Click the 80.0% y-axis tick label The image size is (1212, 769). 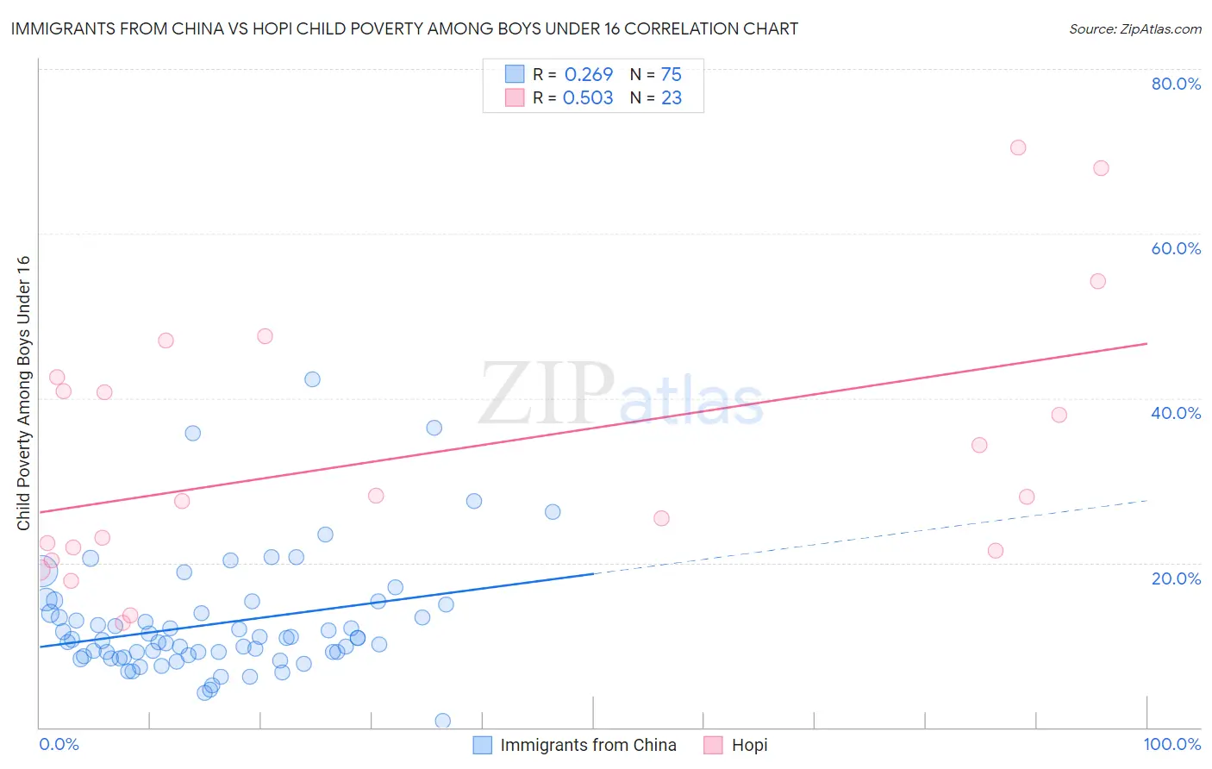(1176, 84)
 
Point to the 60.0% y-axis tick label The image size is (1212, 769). (1176, 248)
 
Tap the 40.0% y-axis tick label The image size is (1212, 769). (1176, 413)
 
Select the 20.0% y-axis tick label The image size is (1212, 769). (1176, 578)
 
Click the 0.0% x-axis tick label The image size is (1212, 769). (59, 744)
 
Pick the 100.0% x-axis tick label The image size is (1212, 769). (1171, 744)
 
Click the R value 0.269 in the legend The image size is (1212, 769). (588, 75)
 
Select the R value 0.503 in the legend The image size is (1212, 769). (588, 98)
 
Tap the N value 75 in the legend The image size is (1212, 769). (671, 75)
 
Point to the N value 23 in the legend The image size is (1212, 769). (671, 98)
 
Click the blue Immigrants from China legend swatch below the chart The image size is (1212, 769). (483, 745)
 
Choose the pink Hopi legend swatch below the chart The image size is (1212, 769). (713, 745)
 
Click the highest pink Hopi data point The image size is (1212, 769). (1018, 147)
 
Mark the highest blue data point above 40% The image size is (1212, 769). (312, 379)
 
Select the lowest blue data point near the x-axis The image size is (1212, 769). (442, 721)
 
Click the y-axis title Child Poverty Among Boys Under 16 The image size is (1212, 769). (23, 393)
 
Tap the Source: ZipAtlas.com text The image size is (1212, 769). (1134, 29)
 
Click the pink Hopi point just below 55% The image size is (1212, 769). (1097, 281)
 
